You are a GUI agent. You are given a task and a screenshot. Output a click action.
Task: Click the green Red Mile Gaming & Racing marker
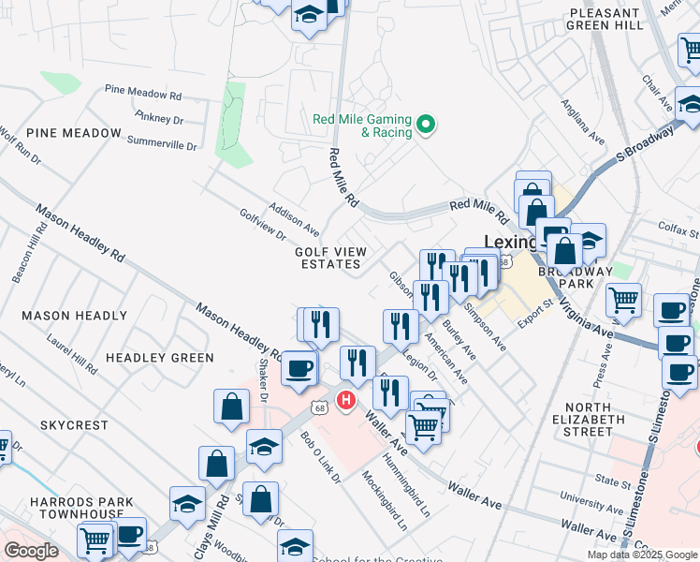(x=427, y=124)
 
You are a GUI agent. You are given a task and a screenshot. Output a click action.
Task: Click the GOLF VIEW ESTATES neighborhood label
(x=331, y=258)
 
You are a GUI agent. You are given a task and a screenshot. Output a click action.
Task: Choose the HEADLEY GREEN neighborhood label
(x=159, y=358)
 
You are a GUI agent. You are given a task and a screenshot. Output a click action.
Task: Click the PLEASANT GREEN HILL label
(x=606, y=20)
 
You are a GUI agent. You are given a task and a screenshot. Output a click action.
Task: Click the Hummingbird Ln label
(x=413, y=495)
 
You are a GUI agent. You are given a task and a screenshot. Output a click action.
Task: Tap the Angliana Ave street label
(x=582, y=121)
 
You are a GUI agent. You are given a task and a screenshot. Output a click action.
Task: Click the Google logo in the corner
(x=31, y=551)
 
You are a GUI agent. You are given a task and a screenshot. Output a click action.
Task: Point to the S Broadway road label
(x=646, y=143)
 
